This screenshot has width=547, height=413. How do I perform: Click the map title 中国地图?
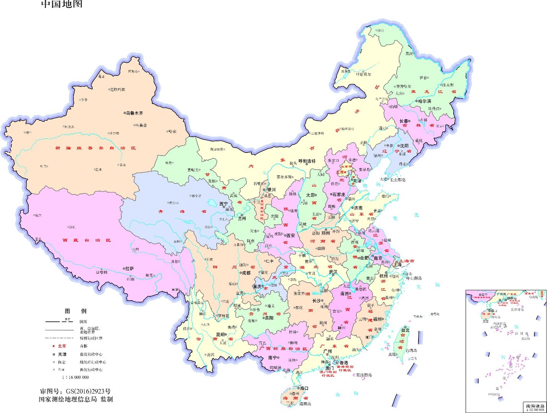(x=62, y=4)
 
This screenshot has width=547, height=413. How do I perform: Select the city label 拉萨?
(x=129, y=269)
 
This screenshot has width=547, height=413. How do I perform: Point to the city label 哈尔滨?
(x=425, y=101)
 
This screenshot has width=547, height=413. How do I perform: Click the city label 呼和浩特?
(x=307, y=161)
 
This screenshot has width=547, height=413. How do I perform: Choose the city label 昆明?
(x=221, y=335)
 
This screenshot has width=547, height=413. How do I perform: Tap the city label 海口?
(x=304, y=388)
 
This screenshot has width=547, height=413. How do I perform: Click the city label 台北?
(x=405, y=330)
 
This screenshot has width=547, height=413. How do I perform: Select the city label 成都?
(x=246, y=273)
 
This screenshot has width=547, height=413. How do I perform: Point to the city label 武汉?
(x=333, y=272)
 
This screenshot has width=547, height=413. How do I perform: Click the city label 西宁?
(x=223, y=204)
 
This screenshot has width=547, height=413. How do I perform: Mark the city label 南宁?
(x=272, y=358)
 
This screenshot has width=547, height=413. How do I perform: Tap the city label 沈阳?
(x=404, y=146)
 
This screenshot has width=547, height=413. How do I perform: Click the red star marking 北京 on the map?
(x=346, y=172)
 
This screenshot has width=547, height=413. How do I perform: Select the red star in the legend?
(x=54, y=346)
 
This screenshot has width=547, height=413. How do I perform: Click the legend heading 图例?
(x=75, y=311)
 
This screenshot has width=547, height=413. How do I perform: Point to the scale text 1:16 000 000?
(x=75, y=377)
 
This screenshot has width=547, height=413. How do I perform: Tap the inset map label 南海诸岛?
(x=535, y=406)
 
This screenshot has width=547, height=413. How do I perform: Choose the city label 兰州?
(x=242, y=219)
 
